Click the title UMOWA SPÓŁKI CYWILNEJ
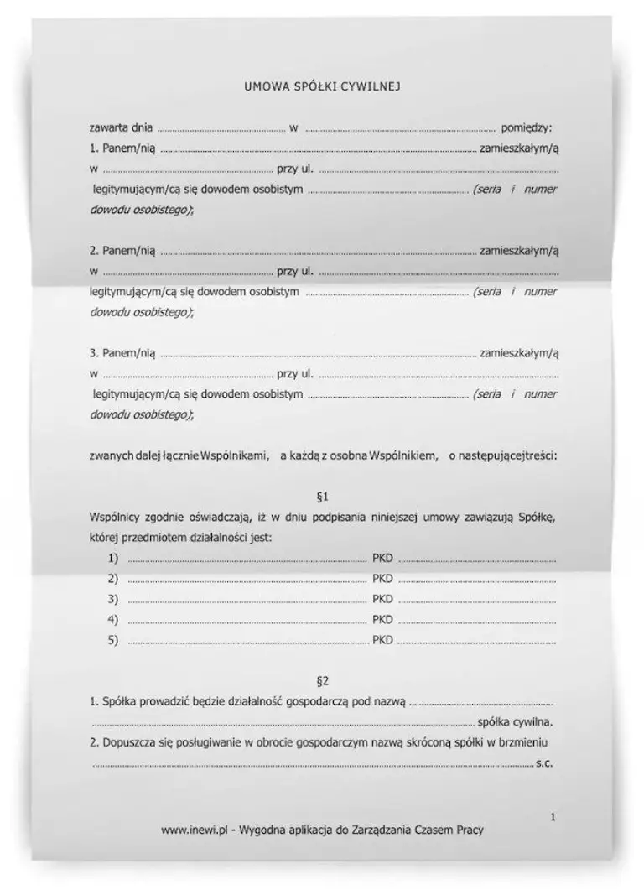[322, 86]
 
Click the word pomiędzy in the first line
[526, 128]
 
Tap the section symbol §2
[322, 679]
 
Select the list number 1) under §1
[113, 559]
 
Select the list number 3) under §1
[113, 599]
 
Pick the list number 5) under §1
[113, 640]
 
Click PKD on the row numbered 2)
[382, 579]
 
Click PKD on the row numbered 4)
[382, 620]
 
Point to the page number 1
[553, 815]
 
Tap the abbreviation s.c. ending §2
[543, 763]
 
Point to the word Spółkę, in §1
[537, 518]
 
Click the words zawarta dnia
[121, 128]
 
